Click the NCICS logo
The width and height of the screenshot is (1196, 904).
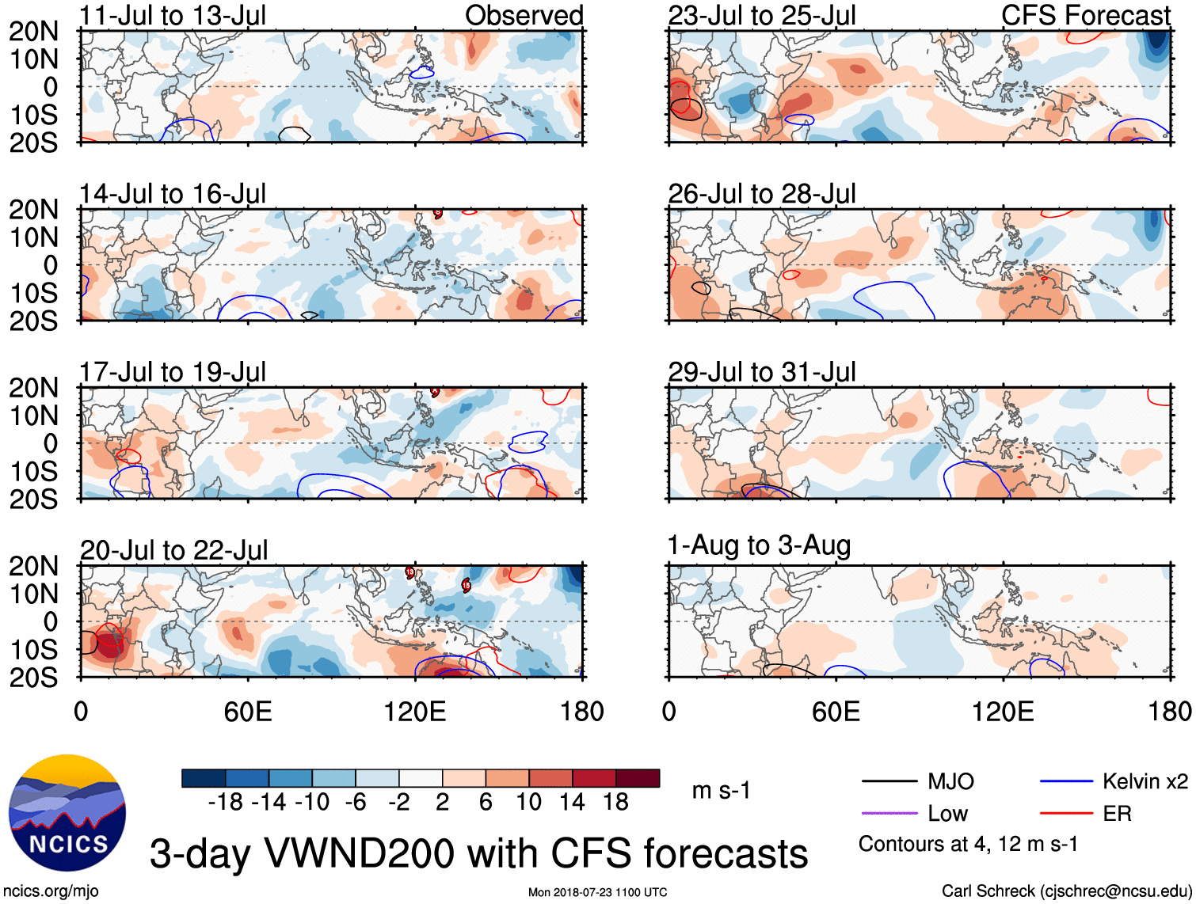67,813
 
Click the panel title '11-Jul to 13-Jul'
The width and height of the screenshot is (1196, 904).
173,15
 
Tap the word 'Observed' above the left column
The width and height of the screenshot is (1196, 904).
524,15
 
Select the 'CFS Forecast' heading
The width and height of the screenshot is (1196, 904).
1085,15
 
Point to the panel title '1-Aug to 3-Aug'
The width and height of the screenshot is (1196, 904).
759,545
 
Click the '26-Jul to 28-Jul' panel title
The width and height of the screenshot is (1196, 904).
761,193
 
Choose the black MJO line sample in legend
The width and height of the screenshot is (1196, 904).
889,782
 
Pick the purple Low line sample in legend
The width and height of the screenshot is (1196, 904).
889,813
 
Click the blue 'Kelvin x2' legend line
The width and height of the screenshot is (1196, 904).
1066,782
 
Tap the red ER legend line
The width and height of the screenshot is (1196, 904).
1066,813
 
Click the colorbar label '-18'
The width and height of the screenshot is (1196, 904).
226,803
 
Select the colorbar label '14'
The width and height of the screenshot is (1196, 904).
572,803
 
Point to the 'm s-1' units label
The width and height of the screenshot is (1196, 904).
721,790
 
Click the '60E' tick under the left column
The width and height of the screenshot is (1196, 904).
248,712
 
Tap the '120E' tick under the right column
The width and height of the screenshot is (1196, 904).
1003,712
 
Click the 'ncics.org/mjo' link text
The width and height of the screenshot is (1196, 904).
51,891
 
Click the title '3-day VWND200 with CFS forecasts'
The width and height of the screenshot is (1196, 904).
478,853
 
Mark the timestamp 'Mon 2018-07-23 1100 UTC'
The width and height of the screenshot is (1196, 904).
597,892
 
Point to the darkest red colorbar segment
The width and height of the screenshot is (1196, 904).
638,778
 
